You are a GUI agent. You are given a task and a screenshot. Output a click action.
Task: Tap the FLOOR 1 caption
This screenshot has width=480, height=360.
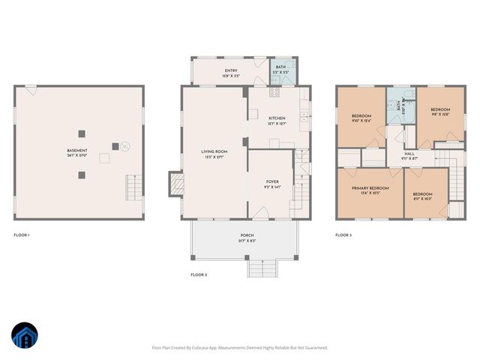coord(22,235)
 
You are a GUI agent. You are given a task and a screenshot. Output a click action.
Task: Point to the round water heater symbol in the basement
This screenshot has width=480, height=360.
coord(125,145)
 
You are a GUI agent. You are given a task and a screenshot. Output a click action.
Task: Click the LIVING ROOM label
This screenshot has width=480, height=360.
coord(214,152)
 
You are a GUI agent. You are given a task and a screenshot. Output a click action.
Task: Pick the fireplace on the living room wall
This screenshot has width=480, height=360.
coord(175,184)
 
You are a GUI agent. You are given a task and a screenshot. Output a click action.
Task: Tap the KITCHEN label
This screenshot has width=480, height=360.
coord(277,118)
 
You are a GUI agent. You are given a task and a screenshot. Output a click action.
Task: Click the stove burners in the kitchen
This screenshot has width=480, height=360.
coord(274,94)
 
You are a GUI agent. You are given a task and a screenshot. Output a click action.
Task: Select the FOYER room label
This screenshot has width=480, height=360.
coord(272,181)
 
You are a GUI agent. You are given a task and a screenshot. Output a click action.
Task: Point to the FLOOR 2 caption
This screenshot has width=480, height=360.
coord(199,274)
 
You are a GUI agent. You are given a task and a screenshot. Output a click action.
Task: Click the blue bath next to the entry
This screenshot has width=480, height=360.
coord(280,72)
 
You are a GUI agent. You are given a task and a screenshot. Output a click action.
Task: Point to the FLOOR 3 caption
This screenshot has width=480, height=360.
coord(343,235)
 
